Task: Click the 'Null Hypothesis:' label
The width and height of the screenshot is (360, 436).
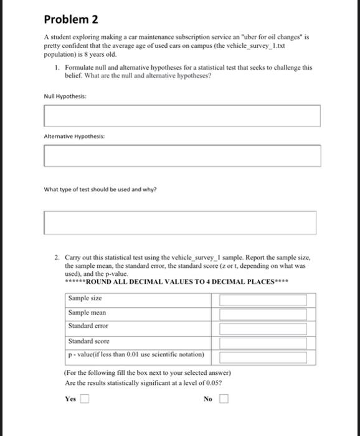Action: pos(65,97)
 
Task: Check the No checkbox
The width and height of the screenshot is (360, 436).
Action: pos(223,399)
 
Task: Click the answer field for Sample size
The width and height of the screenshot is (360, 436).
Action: pos(263,300)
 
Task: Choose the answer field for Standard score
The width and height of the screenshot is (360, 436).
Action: pos(263,341)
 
